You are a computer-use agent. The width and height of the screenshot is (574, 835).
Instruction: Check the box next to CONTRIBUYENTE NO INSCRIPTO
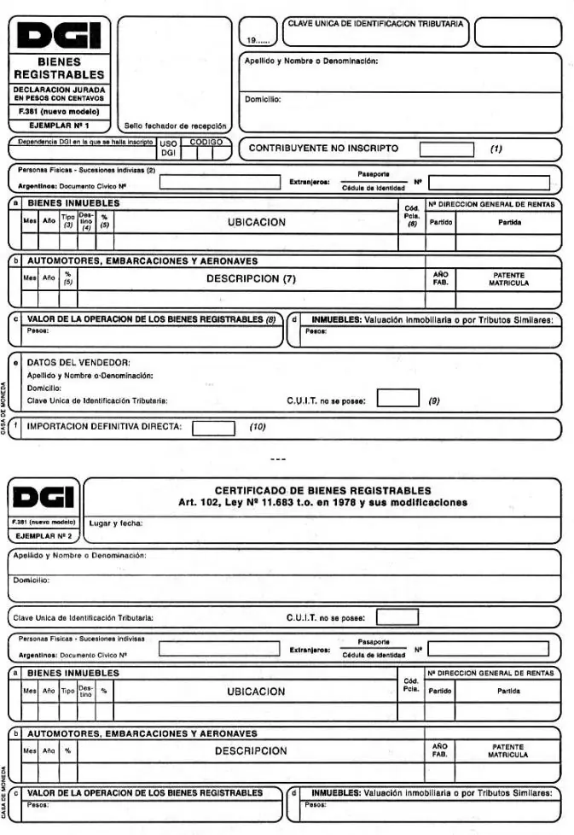[x=446, y=149]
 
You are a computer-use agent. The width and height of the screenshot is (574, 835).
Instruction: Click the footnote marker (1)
[x=496, y=149]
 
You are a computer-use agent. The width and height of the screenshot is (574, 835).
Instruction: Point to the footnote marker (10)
[x=258, y=427]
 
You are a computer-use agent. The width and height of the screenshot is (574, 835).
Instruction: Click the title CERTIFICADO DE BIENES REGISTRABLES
[x=322, y=490]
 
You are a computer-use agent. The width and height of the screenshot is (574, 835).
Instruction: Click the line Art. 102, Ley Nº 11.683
[x=322, y=502]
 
